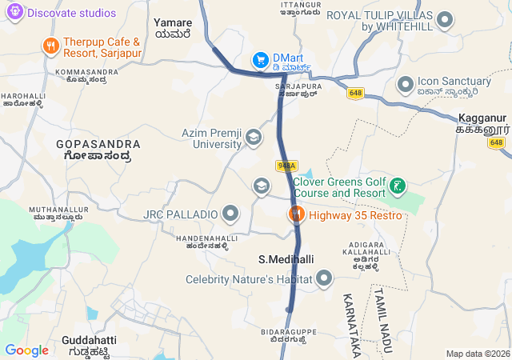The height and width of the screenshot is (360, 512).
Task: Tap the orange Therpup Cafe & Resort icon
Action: (51, 46)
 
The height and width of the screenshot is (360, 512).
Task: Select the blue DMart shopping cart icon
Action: (259, 60)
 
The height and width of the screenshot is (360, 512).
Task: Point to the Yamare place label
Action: (173, 28)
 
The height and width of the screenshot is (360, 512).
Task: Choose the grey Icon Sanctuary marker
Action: (406, 83)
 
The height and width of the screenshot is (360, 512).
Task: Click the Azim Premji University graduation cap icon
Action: (254, 137)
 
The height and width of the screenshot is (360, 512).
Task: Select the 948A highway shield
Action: (286, 165)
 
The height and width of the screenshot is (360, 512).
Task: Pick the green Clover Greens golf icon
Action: (397, 187)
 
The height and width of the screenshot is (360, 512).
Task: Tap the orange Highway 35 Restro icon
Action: (296, 214)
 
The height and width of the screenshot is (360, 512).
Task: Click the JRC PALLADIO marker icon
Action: (230, 214)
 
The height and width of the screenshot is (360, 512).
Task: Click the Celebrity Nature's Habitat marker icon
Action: (324, 278)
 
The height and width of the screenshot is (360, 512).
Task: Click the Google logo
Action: (26, 350)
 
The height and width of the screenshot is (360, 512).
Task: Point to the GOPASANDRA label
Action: (98, 150)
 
